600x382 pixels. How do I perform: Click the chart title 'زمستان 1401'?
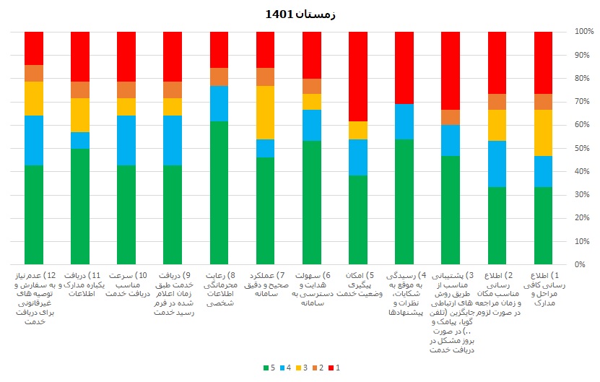click(300, 14)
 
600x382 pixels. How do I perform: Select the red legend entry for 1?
click(333, 368)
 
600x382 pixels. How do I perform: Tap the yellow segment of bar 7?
click(266, 113)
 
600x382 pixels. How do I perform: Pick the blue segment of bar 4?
click(404, 121)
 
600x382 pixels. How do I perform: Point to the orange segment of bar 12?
click(34, 73)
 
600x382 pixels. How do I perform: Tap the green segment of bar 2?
click(497, 226)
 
